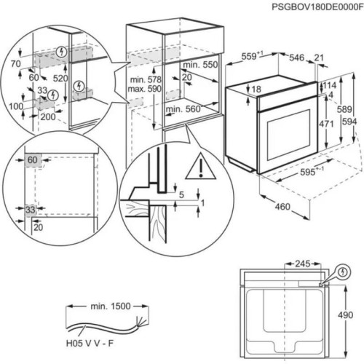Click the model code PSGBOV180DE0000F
coord(317,7)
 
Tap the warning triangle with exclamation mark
coord(200,167)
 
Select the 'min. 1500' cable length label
coord(111,306)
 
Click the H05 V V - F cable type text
coord(90,344)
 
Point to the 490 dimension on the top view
coord(345,315)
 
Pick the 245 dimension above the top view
coord(303,264)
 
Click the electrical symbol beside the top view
coord(343,272)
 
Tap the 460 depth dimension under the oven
coord(282,207)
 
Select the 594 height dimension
coord(349,122)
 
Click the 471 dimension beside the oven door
coord(326,124)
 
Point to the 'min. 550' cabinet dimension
coord(200,65)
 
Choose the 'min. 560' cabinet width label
coord(183,109)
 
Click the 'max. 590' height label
coord(145,89)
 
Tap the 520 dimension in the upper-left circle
coord(60,78)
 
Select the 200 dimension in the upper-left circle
coord(48,117)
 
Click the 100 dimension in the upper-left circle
coord(16,106)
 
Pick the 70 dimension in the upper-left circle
coord(16,64)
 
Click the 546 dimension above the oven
coord(296,58)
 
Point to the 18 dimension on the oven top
coord(256,90)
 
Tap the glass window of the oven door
coord(289,135)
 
